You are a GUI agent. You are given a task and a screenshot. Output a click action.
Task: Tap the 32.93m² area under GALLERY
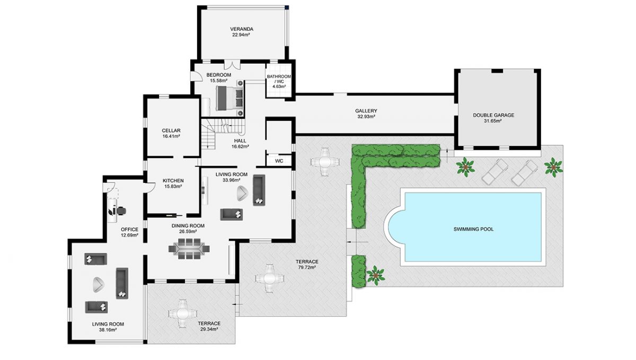point(366,117)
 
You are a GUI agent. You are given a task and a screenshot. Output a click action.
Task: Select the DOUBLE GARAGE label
point(493,115)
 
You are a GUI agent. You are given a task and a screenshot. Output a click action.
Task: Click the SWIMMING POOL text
point(473,229)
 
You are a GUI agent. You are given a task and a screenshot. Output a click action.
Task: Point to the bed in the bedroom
point(230,98)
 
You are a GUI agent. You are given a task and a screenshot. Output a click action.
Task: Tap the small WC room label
point(279,161)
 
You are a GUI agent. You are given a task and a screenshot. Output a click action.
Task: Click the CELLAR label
point(172,130)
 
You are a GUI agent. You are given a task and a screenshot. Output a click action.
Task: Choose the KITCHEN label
point(173,181)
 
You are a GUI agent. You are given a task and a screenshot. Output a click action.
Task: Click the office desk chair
point(121,210)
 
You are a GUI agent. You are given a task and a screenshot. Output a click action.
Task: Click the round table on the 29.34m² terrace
point(181,313)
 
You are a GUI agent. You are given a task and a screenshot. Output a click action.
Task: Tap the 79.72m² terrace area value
point(307,268)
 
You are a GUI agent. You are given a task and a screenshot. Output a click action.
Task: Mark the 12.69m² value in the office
point(129,235)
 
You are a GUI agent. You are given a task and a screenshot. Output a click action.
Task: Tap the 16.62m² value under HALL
point(240,146)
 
